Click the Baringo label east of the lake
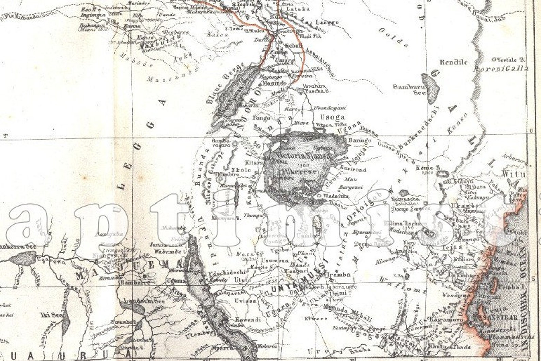[x=357, y=140]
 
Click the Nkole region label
[x=241, y=170]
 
